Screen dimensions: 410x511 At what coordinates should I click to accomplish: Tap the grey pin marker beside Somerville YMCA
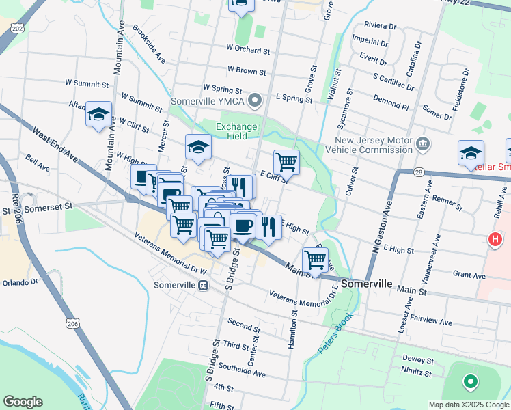click(255, 102)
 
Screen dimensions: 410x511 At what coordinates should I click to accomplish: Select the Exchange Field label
click(236, 131)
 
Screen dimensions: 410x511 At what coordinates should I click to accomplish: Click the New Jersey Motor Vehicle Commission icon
click(423, 143)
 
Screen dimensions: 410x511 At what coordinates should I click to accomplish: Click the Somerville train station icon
click(203, 285)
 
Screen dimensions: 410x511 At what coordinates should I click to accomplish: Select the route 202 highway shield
click(17, 27)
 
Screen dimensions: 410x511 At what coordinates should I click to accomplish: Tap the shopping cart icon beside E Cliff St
click(286, 162)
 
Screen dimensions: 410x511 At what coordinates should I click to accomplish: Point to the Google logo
click(23, 402)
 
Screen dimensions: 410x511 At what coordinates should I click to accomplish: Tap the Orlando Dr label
click(19, 282)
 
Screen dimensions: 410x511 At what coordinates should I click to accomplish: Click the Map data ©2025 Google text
click(468, 405)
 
